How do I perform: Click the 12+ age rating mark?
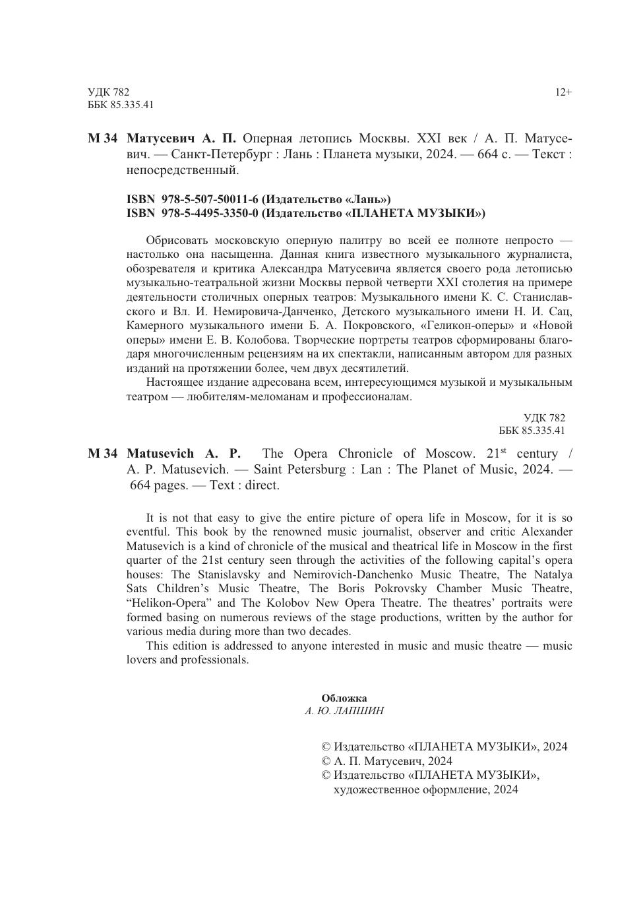[x=563, y=92]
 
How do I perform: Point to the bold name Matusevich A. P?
[x=183, y=454]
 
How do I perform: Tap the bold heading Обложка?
[x=344, y=698]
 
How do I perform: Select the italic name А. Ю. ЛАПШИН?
[x=344, y=712]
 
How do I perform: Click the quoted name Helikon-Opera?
[x=168, y=603]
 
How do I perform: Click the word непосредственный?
[x=182, y=170]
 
